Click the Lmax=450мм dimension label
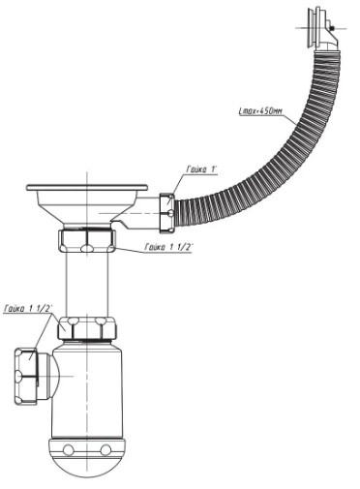260,111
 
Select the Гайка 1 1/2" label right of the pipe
168,247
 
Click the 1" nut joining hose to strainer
167,213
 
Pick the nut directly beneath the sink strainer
87,240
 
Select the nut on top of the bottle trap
87,327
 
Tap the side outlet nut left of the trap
26,376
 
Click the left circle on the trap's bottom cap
69,449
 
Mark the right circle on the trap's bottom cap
105,449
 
